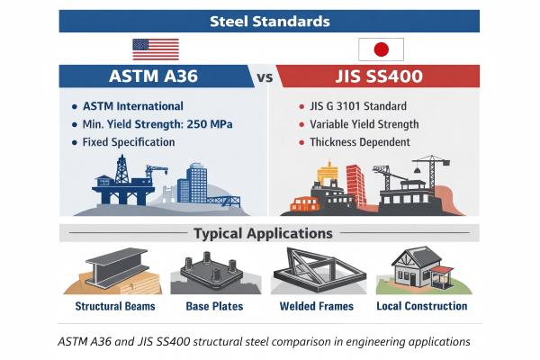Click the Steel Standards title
point(270,21)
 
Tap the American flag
point(156,49)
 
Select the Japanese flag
point(381,49)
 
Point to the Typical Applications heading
point(263,234)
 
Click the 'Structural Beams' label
point(115,306)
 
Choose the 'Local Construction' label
point(421,306)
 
